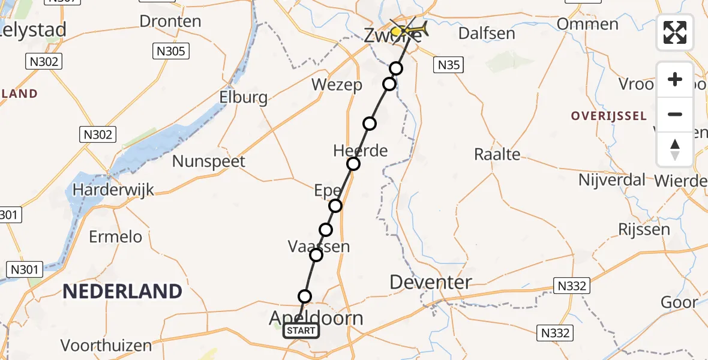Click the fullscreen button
tap(675, 32)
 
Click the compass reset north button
tap(675, 149)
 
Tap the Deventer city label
tap(430, 282)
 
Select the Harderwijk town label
tap(113, 190)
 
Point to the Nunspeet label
tap(209, 161)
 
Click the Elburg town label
tap(243, 97)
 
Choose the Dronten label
tap(170, 22)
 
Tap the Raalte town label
tap(497, 154)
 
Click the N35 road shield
tap(449, 65)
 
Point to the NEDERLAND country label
tap(122, 292)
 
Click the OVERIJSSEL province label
tap(609, 116)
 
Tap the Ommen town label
tap(588, 25)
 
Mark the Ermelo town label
tap(116, 237)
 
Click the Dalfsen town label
tap(487, 33)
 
